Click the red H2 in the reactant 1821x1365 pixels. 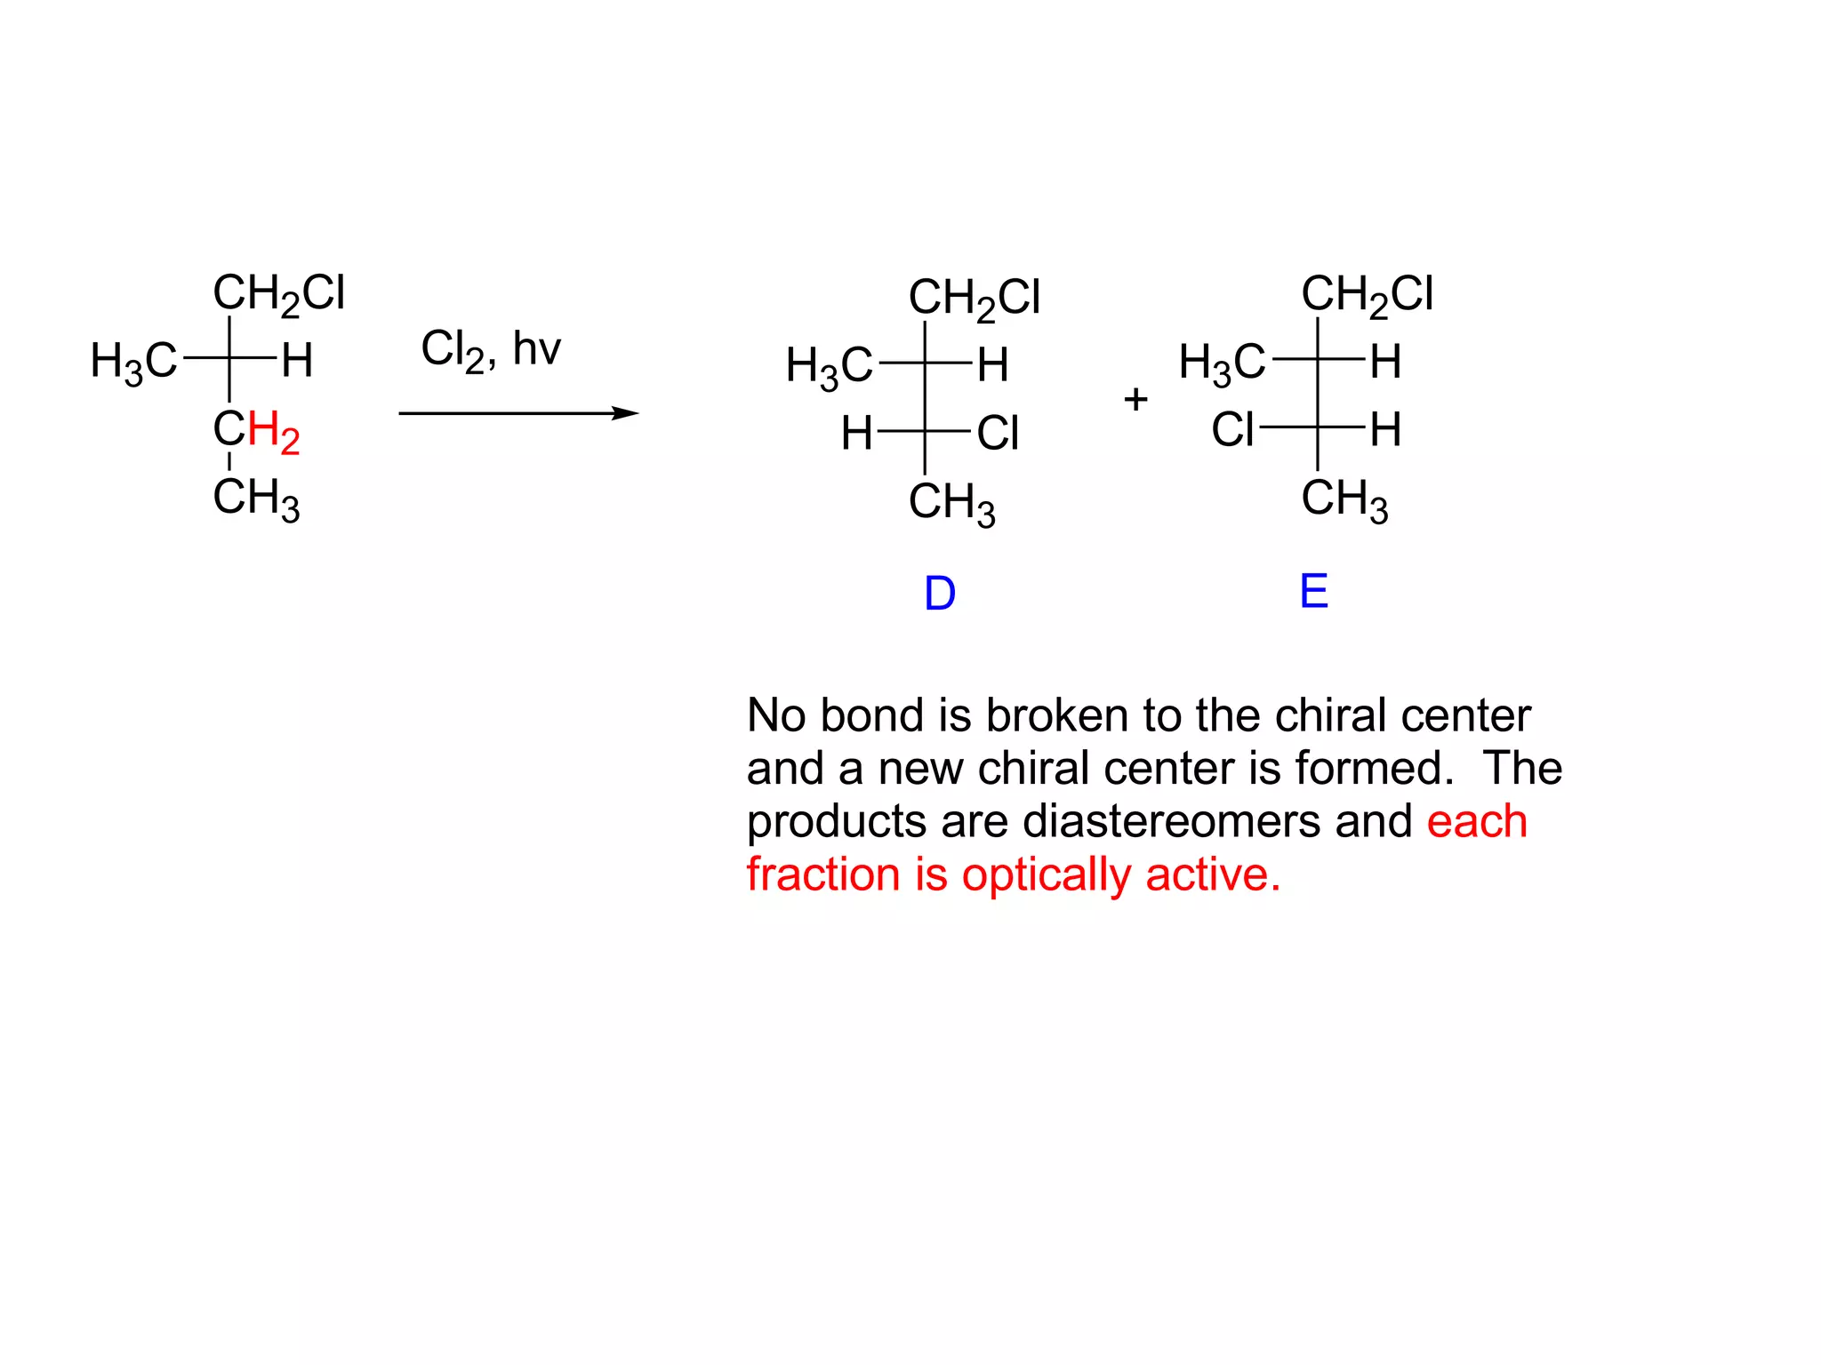point(274,432)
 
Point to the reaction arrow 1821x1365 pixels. point(518,413)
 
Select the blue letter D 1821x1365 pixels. point(940,594)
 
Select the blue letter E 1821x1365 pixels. point(1313,591)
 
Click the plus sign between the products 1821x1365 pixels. point(1135,399)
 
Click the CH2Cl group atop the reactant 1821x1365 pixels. point(278,293)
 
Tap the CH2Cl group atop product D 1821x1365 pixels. point(974,298)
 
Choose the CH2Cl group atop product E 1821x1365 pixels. point(1367,294)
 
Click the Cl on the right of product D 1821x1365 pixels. point(998,434)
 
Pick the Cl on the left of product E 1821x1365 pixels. point(1232,430)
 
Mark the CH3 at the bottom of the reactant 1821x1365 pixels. point(256,498)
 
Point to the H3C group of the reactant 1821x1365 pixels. point(134,362)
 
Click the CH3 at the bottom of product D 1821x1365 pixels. point(951,502)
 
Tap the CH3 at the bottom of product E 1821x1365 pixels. point(1344,499)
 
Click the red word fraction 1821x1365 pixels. point(823,874)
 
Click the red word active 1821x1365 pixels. point(1213,874)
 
